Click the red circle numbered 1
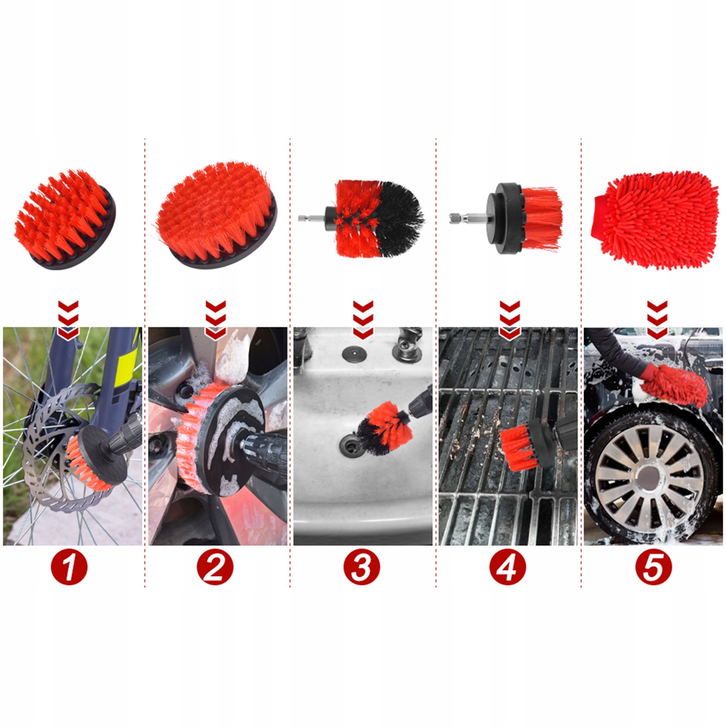pos(69,567)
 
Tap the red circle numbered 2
pos(215,567)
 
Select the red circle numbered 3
pos(361,567)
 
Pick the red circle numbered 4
pos(507,567)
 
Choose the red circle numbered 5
pos(653,567)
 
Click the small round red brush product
pos(65,219)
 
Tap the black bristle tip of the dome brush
pos(402,219)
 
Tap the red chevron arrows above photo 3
pos(363,319)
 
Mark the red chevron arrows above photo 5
pos(657,319)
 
